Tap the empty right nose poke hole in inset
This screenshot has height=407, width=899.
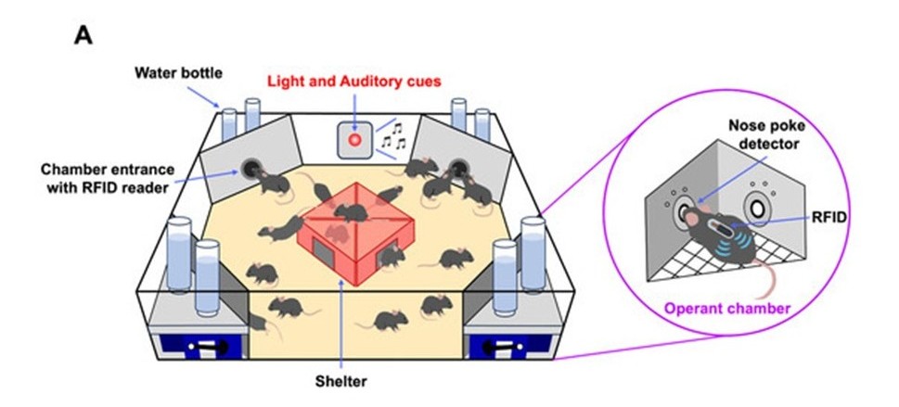(759, 210)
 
